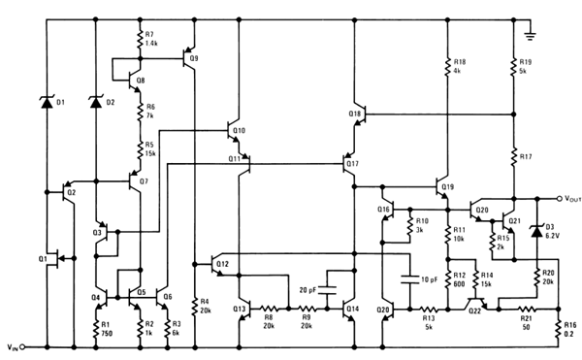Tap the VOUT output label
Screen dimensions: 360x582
pyautogui.click(x=564, y=193)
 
